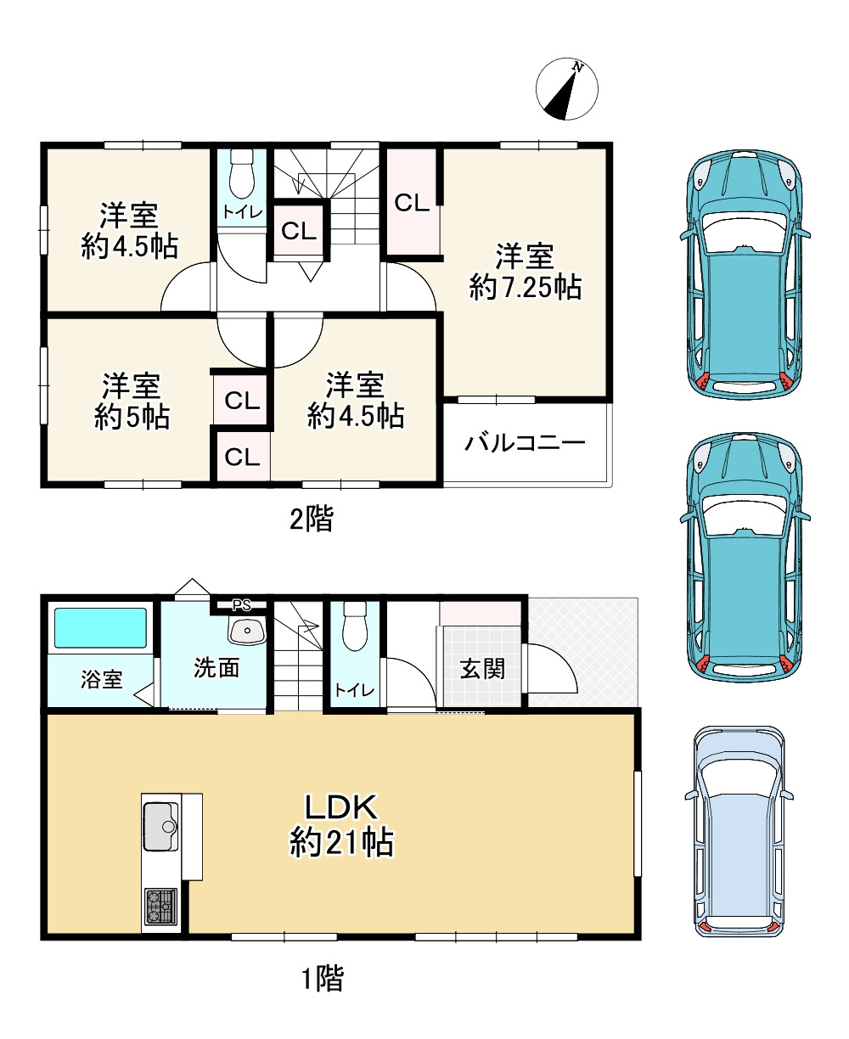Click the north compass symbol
566,89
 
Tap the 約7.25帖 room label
525,272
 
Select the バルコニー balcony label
525,443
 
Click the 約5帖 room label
132,402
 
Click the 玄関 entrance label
482,669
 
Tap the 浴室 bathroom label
102,679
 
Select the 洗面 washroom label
216,667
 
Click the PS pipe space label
241,605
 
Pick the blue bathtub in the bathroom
100,627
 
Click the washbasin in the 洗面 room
247,630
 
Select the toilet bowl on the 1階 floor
354,626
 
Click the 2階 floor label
312,519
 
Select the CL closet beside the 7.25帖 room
412,202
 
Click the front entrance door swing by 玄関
551,669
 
